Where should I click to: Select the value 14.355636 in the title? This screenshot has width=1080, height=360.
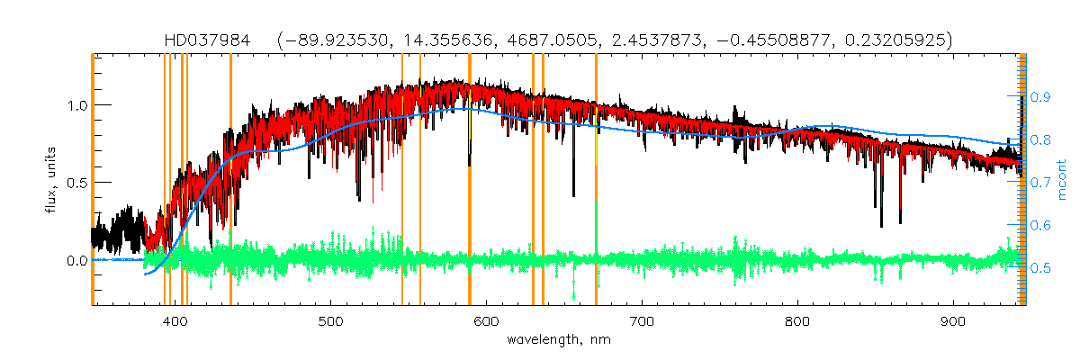pos(447,40)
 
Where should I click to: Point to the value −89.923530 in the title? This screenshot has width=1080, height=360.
pos(340,40)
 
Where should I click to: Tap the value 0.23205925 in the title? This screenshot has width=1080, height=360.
pos(886,40)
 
